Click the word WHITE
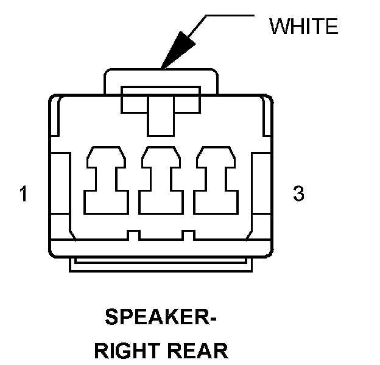tap(303, 26)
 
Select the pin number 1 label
tap(23, 195)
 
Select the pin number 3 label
tap(298, 195)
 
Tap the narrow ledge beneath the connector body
tap(161, 265)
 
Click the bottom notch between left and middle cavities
tap(133, 234)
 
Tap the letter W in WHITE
tap(279, 26)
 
